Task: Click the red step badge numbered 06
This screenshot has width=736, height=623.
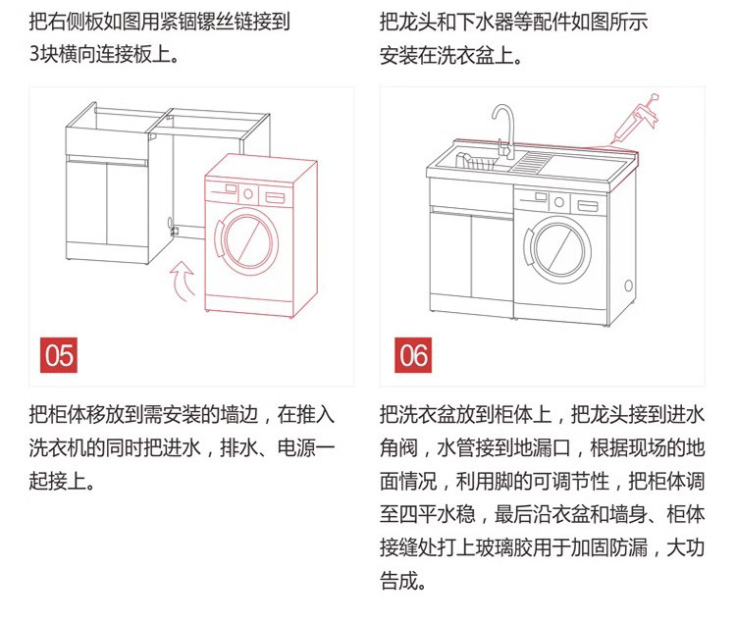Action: (412, 354)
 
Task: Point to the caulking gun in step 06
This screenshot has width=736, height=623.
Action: (637, 119)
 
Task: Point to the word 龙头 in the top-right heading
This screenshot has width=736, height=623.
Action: (427, 21)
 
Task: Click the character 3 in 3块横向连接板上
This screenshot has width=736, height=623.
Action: (35, 53)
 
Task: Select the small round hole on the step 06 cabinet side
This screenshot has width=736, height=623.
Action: (628, 286)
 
